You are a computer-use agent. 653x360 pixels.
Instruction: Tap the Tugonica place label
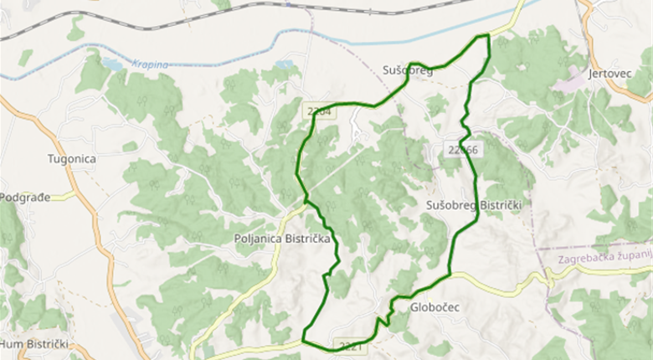click(x=72, y=158)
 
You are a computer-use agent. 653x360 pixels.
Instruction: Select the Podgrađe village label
click(x=25, y=197)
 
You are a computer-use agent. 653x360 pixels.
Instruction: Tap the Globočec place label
click(x=435, y=307)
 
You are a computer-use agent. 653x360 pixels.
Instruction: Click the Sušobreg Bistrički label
click(x=474, y=205)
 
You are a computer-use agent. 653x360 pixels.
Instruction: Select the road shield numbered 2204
click(x=319, y=111)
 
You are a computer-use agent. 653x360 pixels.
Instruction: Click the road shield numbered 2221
click(x=351, y=345)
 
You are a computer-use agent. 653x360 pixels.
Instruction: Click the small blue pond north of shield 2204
click(x=286, y=64)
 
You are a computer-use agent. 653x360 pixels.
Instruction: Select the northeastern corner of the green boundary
click(x=486, y=36)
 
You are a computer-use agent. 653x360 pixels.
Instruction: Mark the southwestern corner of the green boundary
click(x=303, y=342)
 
